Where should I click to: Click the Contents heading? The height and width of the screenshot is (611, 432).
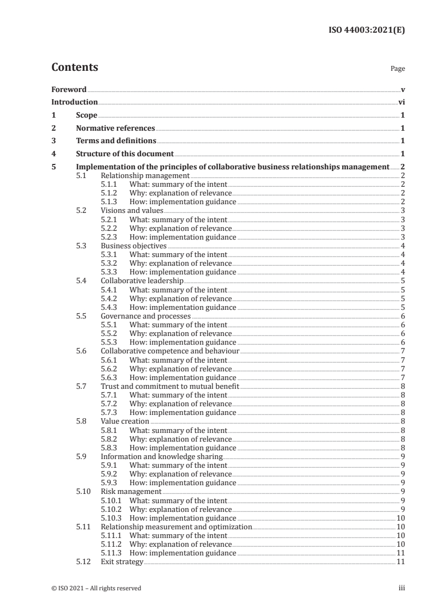point(75,68)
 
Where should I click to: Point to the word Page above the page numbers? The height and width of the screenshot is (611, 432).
point(398,69)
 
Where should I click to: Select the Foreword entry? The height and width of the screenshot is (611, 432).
point(69,89)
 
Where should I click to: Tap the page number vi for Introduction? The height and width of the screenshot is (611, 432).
point(401,102)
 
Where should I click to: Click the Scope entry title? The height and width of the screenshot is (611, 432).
point(87,115)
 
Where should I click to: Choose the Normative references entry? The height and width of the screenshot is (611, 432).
point(115,129)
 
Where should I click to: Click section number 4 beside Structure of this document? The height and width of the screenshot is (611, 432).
point(53,154)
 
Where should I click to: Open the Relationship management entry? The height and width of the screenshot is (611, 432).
point(145,176)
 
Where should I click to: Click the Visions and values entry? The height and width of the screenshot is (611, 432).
point(132,211)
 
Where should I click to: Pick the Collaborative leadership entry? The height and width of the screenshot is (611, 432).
point(142,281)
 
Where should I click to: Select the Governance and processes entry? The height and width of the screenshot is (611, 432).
point(145,316)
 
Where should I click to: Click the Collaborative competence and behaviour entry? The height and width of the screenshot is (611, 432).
point(170,351)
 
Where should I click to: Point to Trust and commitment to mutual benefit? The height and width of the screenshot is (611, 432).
point(170,386)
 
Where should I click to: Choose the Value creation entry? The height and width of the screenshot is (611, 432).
point(125,421)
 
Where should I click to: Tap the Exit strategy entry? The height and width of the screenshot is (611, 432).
point(122,562)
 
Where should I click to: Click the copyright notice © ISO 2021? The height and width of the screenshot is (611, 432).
point(96,588)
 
